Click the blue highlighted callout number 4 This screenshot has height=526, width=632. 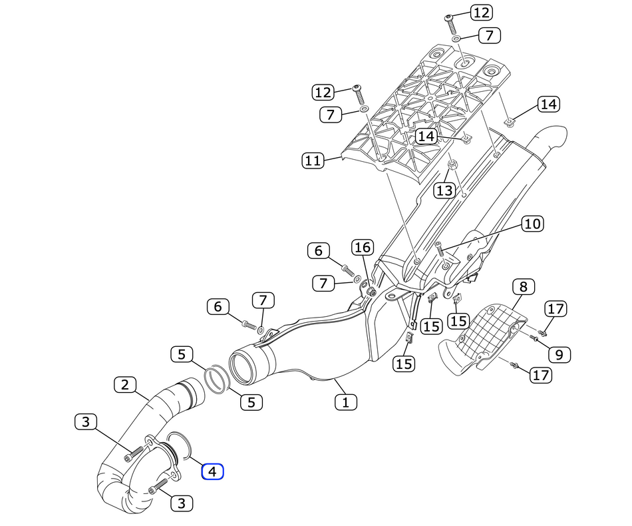(x=213, y=472)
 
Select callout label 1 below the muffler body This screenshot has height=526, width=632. (x=345, y=401)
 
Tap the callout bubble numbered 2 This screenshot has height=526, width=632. (x=124, y=384)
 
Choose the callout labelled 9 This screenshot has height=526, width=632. (x=559, y=354)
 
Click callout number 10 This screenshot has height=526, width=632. (x=532, y=223)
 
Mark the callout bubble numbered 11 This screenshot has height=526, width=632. (x=313, y=160)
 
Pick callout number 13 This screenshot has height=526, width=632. (x=444, y=191)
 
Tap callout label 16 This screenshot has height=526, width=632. (x=363, y=247)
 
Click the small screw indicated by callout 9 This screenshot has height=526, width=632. (x=534, y=338)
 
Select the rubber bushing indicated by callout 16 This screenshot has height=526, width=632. (x=371, y=292)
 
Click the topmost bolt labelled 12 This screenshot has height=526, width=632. (x=450, y=25)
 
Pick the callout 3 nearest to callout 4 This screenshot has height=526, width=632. (x=181, y=503)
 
